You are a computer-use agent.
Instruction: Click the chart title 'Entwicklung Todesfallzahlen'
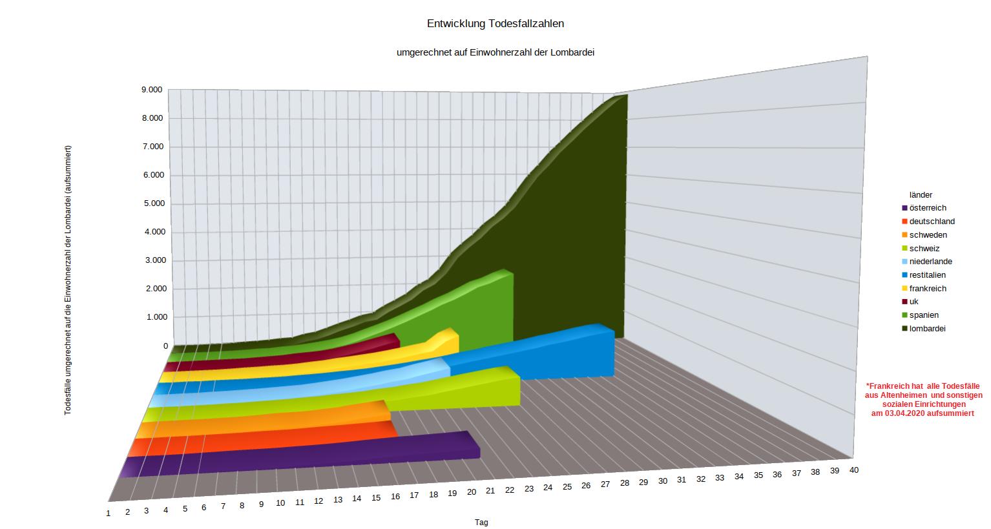[x=495, y=24]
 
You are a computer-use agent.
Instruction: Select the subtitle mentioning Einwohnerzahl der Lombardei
[x=495, y=53]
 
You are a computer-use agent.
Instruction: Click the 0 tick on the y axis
[x=165, y=346]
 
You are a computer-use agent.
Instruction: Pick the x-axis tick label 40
[x=854, y=470]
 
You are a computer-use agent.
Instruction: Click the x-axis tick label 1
[x=109, y=513]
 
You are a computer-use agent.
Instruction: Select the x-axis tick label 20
[x=472, y=492]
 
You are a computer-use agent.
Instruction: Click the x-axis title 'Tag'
[x=481, y=523]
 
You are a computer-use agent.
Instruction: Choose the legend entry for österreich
[x=928, y=208]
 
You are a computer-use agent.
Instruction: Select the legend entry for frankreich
[x=928, y=289]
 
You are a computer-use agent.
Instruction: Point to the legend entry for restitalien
[x=927, y=275]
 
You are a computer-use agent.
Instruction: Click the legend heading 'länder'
[x=921, y=194]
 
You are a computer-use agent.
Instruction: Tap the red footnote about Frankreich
[x=923, y=399]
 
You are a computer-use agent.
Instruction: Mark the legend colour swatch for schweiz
[x=905, y=249]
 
